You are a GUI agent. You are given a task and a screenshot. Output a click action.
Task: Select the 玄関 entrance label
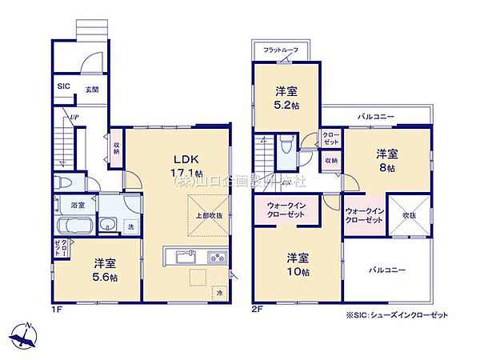pyautogui.click(x=92, y=90)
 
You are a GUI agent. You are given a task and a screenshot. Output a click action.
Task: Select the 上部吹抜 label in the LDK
pyautogui.click(x=207, y=215)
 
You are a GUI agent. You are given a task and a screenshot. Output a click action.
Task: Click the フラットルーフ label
pyautogui.click(x=282, y=50)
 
